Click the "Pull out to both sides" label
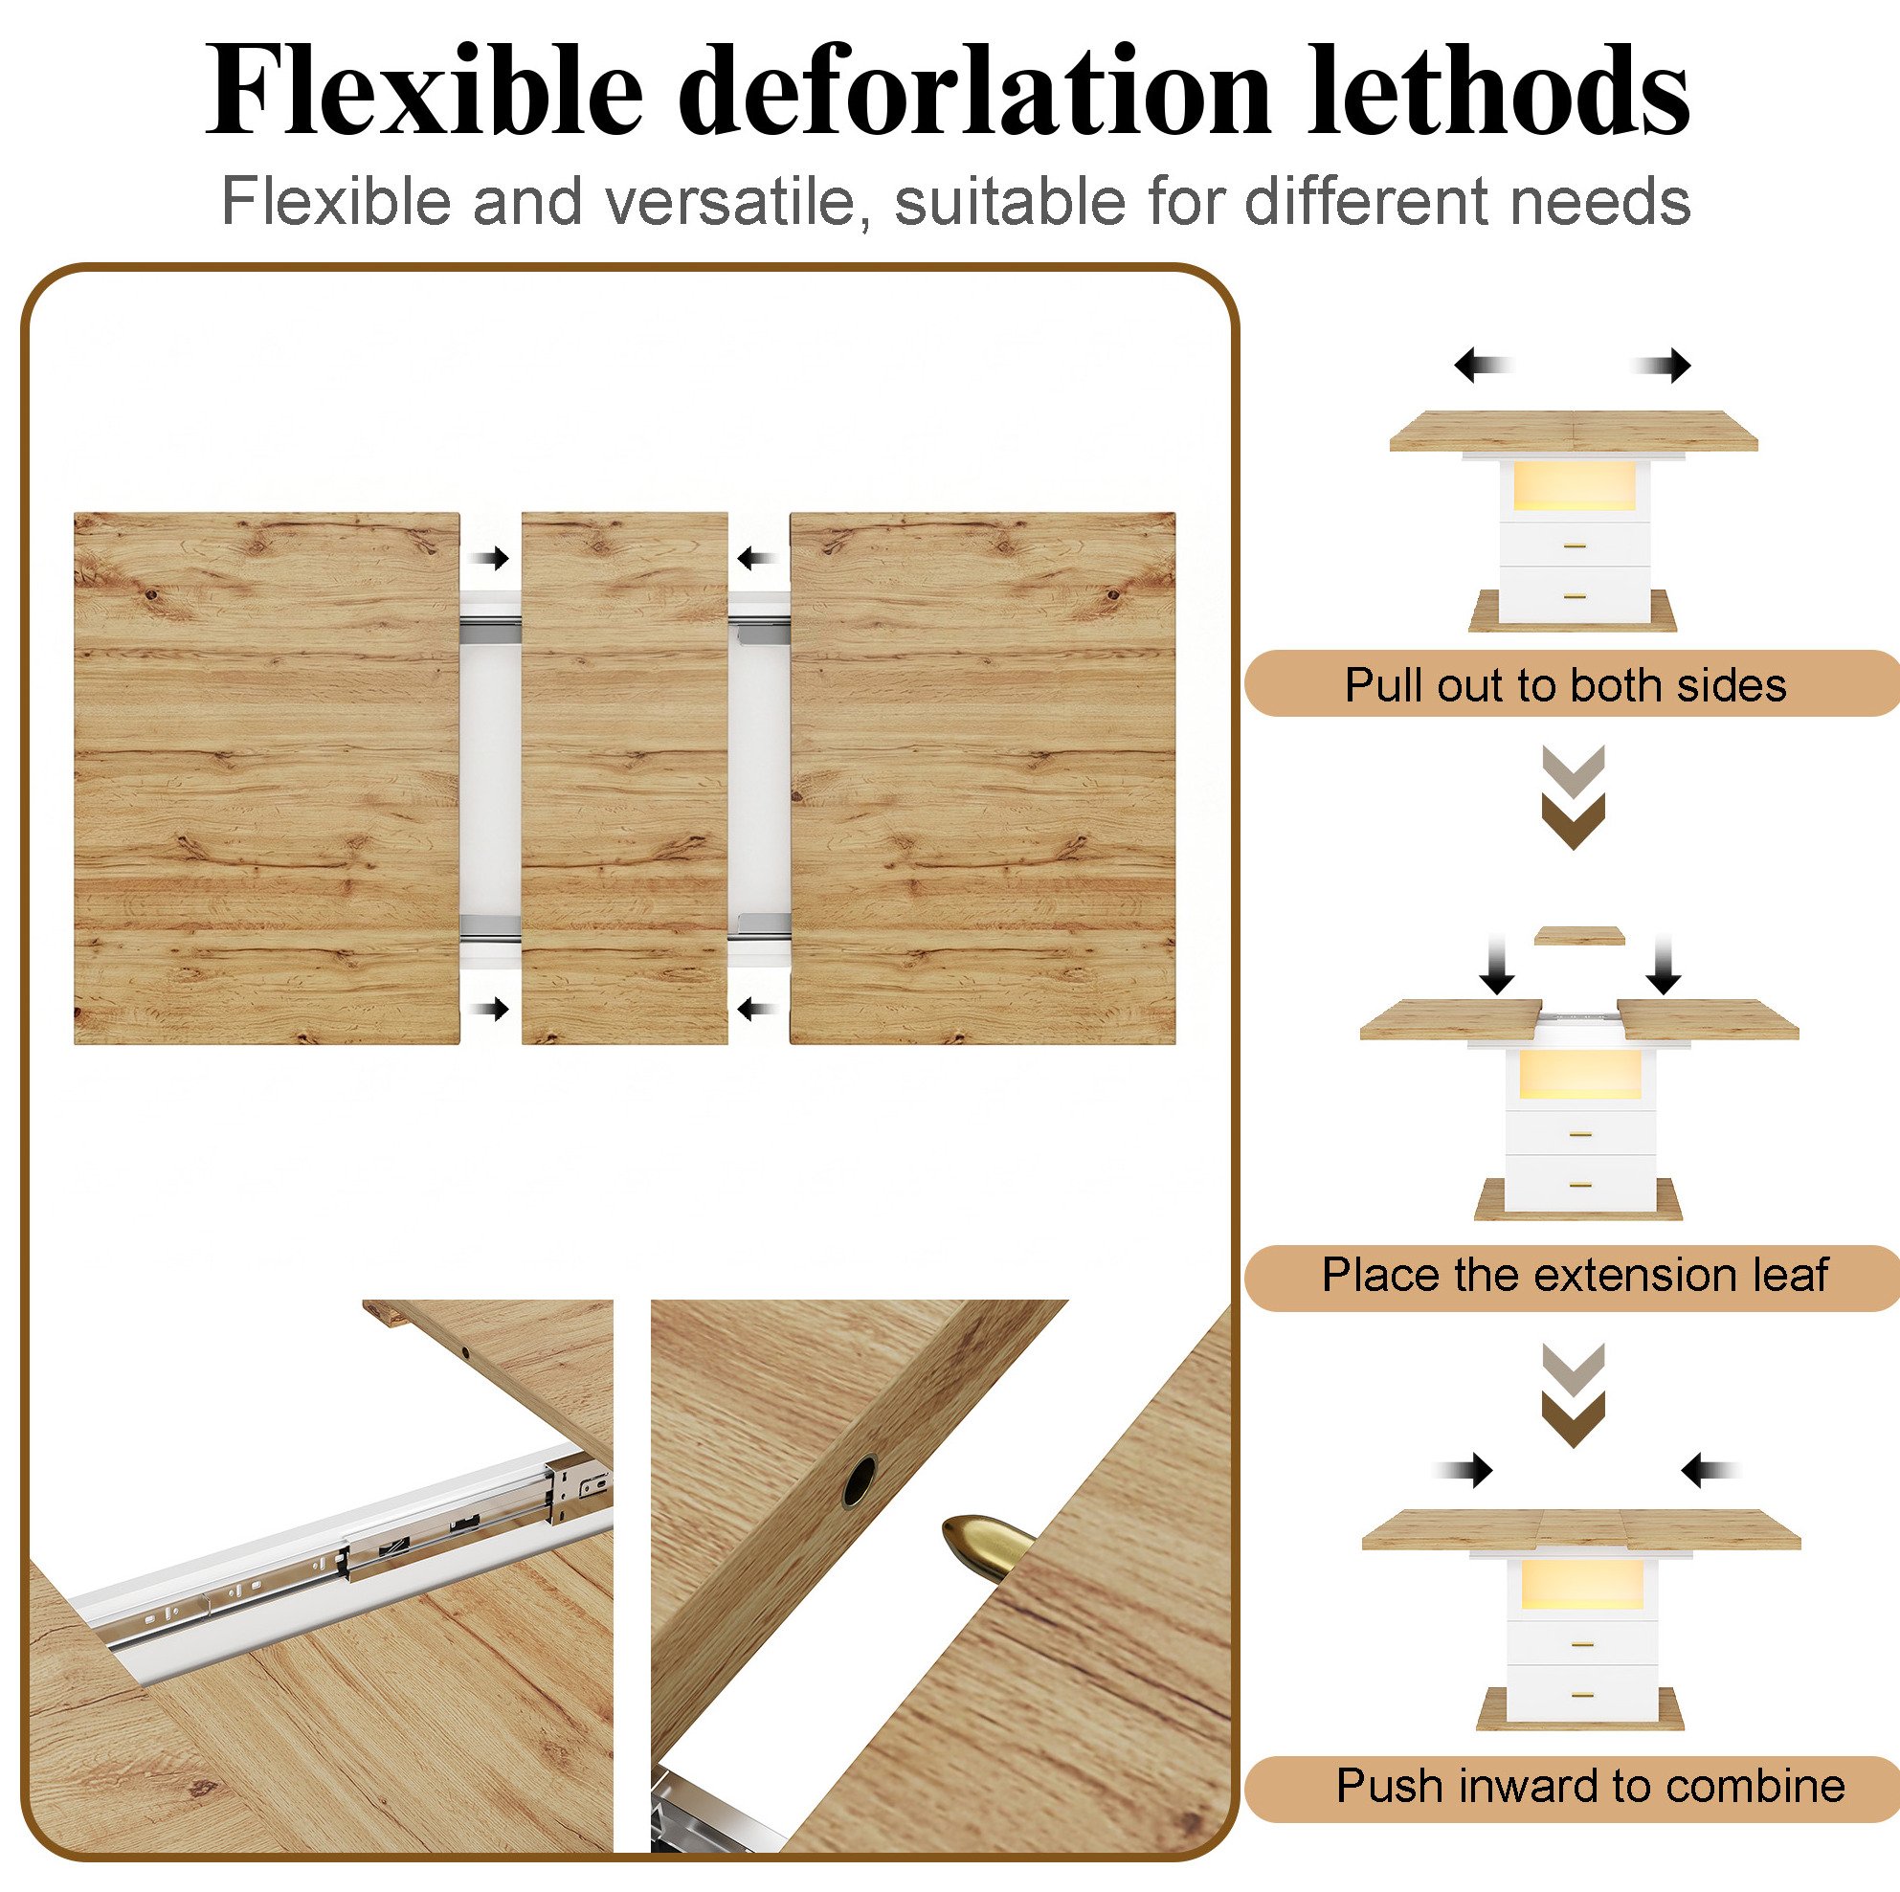pyautogui.click(x=1565, y=684)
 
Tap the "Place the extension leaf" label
pyautogui.click(x=1575, y=1275)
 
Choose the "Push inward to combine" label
pyautogui.click(x=1590, y=1785)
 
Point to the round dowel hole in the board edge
pyautogui.click(x=859, y=1482)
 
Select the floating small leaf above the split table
pyautogui.click(x=1579, y=935)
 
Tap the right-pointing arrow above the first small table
pyautogui.click(x=1662, y=365)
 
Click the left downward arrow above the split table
pyautogui.click(x=1497, y=964)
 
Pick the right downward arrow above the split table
pyautogui.click(x=1663, y=964)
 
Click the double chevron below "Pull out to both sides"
pyautogui.click(x=1574, y=796)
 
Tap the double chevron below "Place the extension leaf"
pyautogui.click(x=1574, y=1394)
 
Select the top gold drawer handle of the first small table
pyautogui.click(x=1575, y=545)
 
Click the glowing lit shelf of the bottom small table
pyautogui.click(x=1581, y=1582)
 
